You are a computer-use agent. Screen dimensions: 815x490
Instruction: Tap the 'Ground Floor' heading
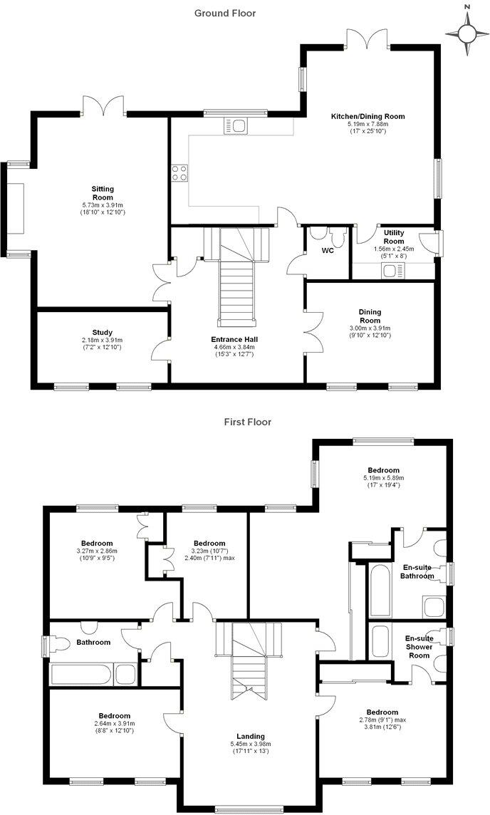tap(225, 13)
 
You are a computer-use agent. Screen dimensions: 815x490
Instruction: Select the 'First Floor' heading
tap(247, 422)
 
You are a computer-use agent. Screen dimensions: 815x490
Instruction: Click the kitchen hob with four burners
tap(179, 172)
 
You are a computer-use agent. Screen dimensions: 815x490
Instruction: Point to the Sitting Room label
tap(103, 193)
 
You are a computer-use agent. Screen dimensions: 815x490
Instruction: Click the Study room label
tap(102, 332)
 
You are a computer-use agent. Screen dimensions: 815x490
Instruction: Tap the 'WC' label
tap(328, 251)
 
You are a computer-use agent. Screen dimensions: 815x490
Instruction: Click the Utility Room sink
tap(392, 270)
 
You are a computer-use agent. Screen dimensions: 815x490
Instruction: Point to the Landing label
tap(251, 737)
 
